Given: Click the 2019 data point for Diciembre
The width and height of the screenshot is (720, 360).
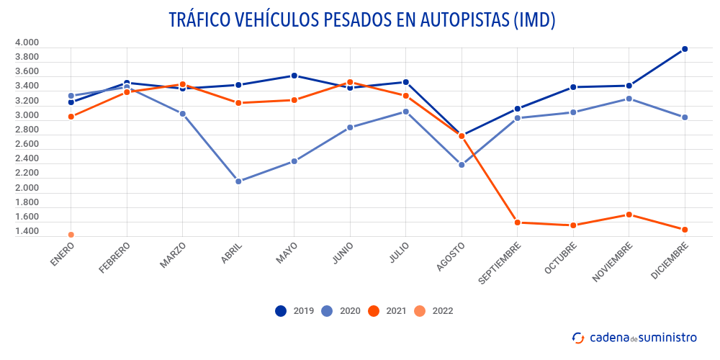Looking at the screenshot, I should [x=685, y=49].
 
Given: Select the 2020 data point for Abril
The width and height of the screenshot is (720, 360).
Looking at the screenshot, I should [x=238, y=181].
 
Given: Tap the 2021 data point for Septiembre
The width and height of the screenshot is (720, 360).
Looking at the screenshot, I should [x=518, y=222].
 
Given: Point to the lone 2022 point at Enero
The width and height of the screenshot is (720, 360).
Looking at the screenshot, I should [x=71, y=235].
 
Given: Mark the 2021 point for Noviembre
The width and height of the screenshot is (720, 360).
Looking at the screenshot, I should [x=629, y=215].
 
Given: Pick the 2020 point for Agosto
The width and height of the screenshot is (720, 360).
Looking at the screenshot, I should [x=462, y=165].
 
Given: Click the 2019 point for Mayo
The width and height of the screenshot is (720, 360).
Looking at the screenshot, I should [x=294, y=76].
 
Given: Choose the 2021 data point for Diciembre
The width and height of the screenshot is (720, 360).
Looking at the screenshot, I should [x=685, y=230].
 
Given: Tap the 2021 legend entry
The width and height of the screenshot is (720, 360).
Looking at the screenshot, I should [x=386, y=311].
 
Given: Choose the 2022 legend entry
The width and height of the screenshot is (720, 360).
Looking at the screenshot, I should [x=432, y=311].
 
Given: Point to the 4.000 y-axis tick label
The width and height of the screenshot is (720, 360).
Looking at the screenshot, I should [x=27, y=42].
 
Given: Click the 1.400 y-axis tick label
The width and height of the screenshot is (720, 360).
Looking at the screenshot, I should [x=27, y=231].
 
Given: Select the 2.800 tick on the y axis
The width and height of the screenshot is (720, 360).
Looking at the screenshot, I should [x=27, y=130].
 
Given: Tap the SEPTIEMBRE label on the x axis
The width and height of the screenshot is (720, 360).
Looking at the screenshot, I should [x=501, y=263].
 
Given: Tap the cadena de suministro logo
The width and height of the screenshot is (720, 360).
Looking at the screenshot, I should [x=634, y=337].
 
